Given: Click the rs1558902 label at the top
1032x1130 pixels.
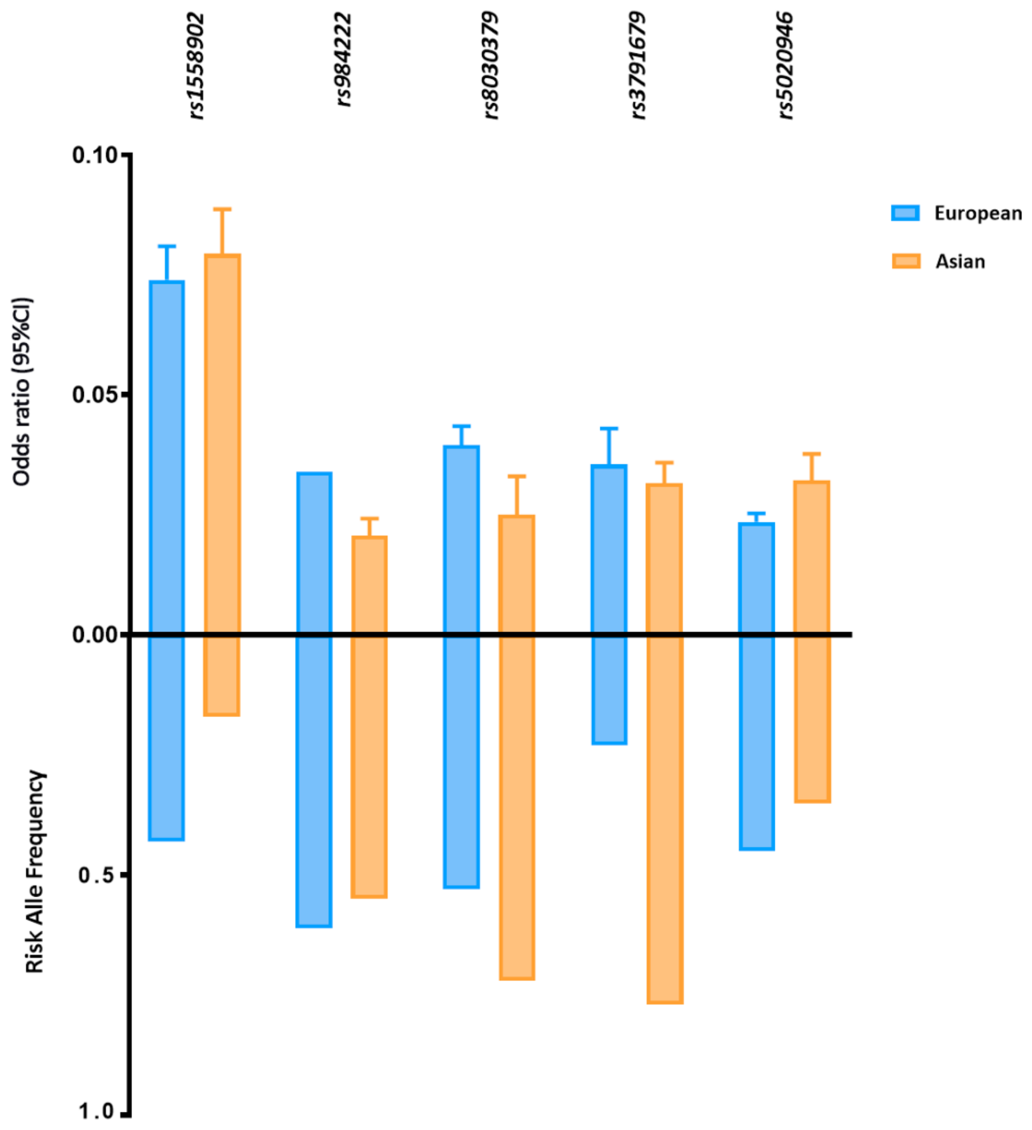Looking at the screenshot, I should coord(196,66).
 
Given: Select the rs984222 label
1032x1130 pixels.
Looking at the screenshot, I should coord(343,60).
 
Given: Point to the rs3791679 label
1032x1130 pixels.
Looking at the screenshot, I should coord(638,66).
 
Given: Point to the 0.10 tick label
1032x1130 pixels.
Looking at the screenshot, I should coord(94,155).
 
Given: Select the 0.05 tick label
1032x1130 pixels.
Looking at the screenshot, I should coord(94,395).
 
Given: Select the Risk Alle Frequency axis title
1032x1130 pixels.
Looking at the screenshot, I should coord(35,872).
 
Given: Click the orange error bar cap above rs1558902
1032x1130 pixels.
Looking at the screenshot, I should coord(222,209).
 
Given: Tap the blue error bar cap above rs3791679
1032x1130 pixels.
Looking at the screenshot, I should coord(609,429).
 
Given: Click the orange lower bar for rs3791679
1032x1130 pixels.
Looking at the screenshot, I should coord(665,818).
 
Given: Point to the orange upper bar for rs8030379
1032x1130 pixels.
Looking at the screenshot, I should coord(516,575).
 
